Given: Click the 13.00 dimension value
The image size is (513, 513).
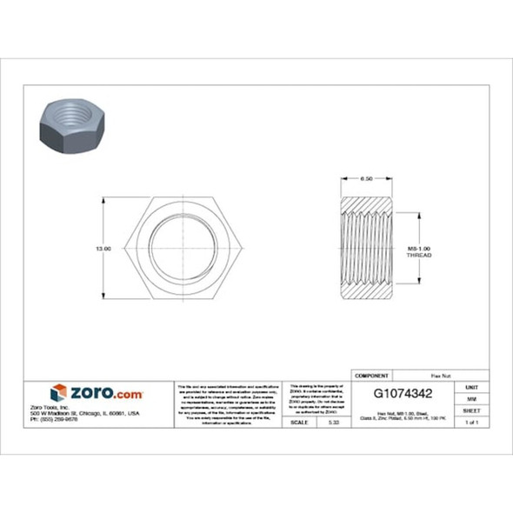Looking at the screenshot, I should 103,249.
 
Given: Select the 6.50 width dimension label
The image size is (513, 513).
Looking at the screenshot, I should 367,178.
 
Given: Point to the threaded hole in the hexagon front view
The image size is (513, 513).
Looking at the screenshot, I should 180,249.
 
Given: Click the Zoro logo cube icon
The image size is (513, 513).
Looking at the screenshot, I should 58,393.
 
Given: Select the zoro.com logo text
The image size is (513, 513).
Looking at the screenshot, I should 105,393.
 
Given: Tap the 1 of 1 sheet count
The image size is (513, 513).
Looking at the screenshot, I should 471,422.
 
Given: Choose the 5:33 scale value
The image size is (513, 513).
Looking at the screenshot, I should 332,422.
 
